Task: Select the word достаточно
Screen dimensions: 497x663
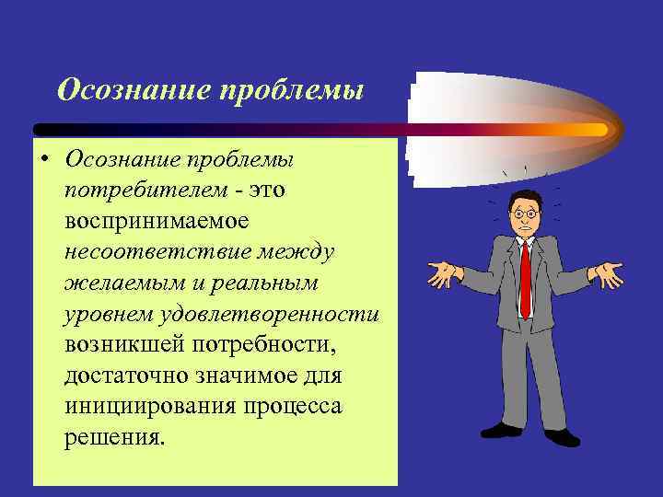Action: (126, 376)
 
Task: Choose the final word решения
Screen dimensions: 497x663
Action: (115, 437)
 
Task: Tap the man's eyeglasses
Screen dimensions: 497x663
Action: (524, 214)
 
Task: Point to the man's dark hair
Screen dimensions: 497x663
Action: (524, 196)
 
